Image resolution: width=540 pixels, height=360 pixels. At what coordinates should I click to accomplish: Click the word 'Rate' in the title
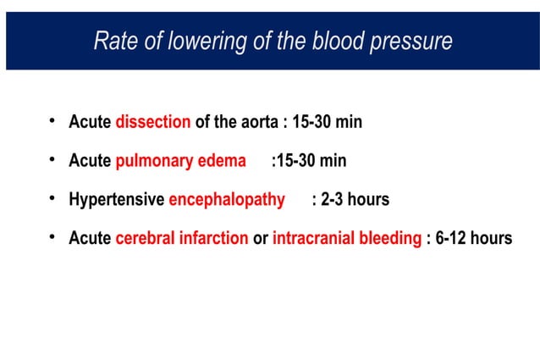(x=113, y=41)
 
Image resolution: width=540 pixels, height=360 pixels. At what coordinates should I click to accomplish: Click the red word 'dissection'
(x=153, y=122)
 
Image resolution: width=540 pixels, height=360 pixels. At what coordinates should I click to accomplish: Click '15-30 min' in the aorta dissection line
(x=328, y=122)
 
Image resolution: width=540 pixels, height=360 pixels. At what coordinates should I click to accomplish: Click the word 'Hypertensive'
(x=117, y=200)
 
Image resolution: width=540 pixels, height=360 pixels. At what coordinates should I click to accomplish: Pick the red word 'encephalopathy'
(x=227, y=200)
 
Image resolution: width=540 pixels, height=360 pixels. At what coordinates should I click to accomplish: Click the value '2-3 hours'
(x=355, y=200)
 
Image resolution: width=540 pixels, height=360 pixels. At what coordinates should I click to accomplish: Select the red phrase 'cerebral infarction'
(x=182, y=239)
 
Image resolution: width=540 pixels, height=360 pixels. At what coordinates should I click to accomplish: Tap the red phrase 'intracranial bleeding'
(x=347, y=239)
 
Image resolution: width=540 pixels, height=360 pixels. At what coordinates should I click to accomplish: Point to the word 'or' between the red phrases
(x=261, y=239)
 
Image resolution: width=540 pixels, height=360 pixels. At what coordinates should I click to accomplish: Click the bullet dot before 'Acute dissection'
(x=52, y=121)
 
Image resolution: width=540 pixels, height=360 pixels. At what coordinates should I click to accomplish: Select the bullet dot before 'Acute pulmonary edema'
(x=52, y=160)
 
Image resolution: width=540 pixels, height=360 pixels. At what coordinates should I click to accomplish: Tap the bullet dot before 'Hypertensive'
(x=52, y=199)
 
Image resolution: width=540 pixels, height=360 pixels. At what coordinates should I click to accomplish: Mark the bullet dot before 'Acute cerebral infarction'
(x=52, y=238)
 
